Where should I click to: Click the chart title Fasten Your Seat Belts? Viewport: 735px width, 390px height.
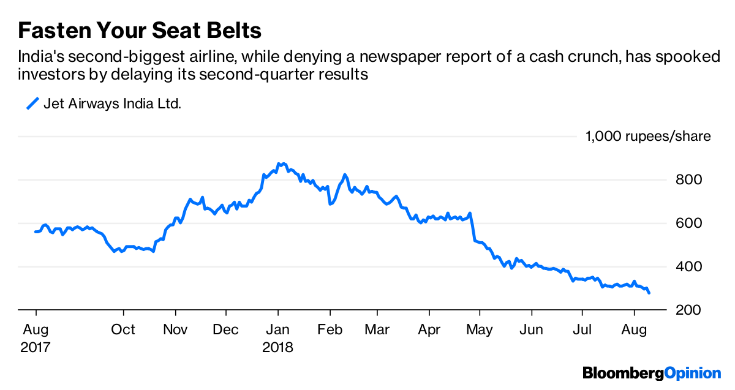(x=140, y=30)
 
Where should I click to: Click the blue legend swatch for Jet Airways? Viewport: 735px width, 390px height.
(x=32, y=103)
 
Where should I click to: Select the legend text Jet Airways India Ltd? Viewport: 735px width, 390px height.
(x=112, y=104)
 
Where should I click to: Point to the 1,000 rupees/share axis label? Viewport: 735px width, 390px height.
(x=648, y=136)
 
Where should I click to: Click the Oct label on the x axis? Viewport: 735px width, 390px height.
(x=123, y=329)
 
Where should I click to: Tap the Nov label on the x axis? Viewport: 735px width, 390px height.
(x=175, y=329)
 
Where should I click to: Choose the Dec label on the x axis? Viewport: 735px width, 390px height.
(x=226, y=329)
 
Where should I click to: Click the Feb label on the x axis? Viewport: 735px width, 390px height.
(x=330, y=329)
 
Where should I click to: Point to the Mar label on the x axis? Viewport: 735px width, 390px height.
(x=377, y=329)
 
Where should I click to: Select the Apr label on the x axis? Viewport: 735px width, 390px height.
(x=429, y=329)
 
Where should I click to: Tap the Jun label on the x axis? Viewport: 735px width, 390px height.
(x=531, y=329)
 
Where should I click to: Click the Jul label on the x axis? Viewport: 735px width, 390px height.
(x=582, y=329)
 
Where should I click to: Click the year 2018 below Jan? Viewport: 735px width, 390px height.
(x=277, y=347)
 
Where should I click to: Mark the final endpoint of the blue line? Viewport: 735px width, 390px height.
(x=649, y=293)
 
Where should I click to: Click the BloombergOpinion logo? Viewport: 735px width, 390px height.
(x=652, y=373)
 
